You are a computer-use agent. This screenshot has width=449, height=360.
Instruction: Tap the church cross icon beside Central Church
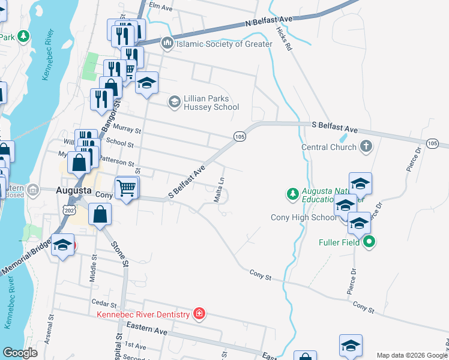(x=366, y=146)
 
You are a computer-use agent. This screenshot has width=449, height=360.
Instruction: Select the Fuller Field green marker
(x=370, y=242)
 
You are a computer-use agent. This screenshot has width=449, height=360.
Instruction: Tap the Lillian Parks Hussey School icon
(x=174, y=101)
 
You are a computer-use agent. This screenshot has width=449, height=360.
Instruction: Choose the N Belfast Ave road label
(x=269, y=21)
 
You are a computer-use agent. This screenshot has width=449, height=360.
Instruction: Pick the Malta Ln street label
(x=220, y=190)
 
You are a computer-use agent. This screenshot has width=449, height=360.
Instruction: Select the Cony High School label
(x=304, y=217)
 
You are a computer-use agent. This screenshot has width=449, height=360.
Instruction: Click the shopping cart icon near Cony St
(x=127, y=188)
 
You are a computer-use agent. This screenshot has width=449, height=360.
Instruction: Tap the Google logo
(x=20, y=353)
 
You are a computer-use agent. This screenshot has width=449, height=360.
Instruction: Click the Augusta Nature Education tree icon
(x=292, y=193)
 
